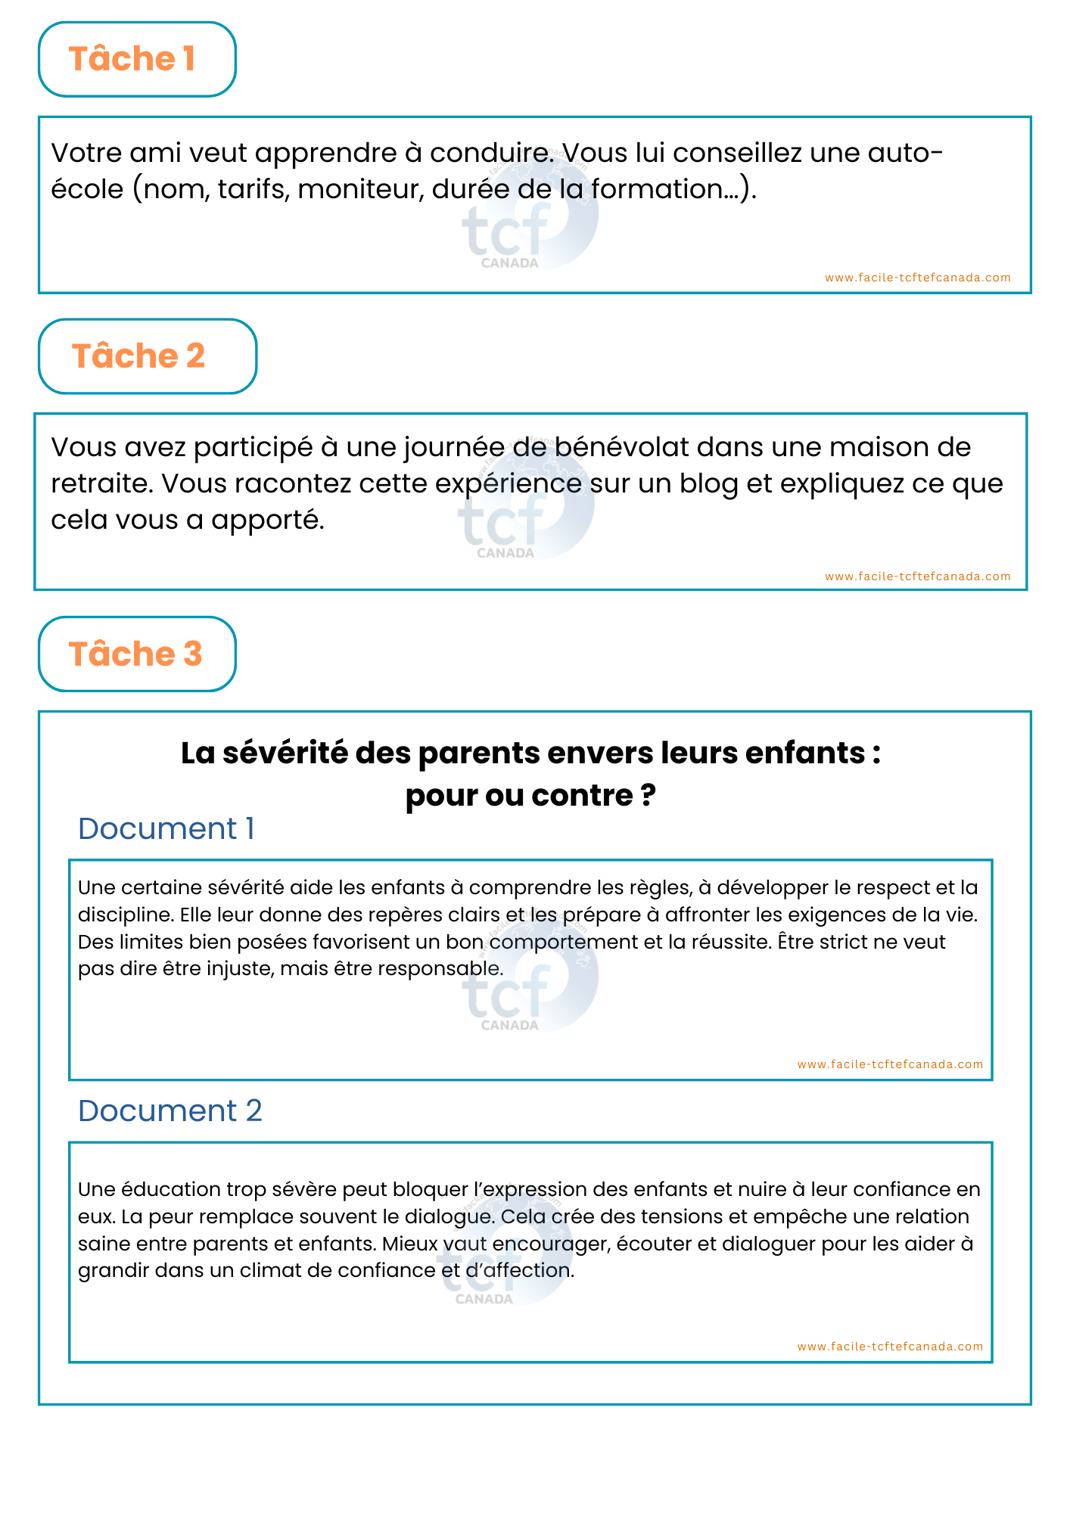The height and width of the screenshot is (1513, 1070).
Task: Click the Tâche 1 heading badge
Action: pos(137,59)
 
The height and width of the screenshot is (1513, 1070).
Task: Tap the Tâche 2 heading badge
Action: pos(147,356)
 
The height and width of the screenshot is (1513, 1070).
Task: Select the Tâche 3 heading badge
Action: pos(137,654)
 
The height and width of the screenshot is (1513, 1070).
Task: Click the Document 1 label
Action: pos(166,828)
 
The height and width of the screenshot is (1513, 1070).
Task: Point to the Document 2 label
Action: pos(170,1111)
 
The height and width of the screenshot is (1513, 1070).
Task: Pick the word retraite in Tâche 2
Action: pos(98,484)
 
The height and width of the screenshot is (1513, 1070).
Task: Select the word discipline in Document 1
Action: pos(124,915)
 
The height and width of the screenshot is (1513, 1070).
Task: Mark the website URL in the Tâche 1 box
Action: pos(917,278)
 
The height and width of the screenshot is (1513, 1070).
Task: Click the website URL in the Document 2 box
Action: pos(890,1347)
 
